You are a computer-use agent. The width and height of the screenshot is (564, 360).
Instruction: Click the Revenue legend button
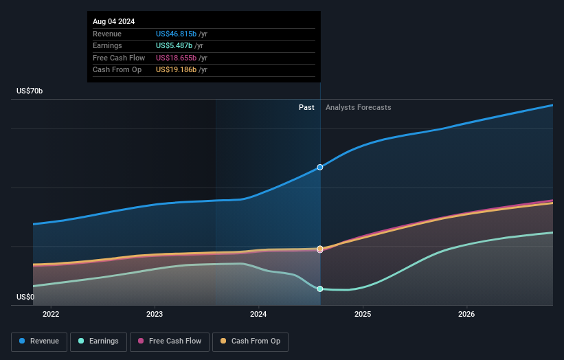click(39, 341)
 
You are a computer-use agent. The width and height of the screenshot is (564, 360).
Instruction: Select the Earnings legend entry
click(98, 341)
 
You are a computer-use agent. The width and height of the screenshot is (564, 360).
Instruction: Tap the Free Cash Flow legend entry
click(171, 341)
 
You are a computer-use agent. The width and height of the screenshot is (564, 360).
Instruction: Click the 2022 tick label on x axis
click(51, 315)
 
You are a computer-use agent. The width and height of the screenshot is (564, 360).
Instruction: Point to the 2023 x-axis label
click(155, 315)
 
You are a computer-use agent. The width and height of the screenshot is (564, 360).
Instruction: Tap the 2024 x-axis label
click(259, 315)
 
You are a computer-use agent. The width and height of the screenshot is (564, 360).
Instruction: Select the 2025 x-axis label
click(363, 315)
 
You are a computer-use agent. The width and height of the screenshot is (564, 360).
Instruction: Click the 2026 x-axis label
click(466, 315)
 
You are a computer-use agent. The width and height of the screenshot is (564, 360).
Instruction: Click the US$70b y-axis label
click(30, 91)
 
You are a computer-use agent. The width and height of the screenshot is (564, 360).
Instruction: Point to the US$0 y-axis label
click(25, 297)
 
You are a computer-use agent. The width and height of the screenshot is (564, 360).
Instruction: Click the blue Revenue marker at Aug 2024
click(320, 167)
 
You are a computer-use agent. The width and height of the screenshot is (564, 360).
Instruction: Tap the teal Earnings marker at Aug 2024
click(320, 289)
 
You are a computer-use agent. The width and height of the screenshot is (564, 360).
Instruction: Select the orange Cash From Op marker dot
click(320, 248)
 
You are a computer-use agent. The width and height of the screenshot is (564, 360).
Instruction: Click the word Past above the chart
click(306, 107)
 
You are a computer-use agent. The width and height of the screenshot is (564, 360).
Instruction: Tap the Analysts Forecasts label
click(358, 107)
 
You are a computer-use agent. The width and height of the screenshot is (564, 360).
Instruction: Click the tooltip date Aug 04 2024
click(114, 21)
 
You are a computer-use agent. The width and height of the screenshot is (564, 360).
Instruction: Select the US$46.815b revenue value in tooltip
click(176, 34)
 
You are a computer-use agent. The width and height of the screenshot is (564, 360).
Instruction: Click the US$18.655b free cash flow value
click(176, 58)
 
